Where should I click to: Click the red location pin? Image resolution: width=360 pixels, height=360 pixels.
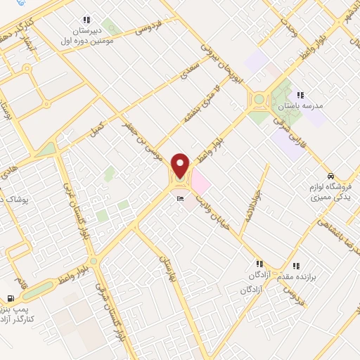(181, 166)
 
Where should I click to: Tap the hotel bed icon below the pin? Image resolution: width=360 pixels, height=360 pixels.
(181, 199)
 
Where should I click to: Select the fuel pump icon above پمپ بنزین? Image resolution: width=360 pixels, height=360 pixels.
(10, 297)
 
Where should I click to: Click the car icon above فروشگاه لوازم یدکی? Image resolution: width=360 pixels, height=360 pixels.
(331, 176)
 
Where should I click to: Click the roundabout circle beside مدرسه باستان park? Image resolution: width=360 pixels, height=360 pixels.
(262, 100)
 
